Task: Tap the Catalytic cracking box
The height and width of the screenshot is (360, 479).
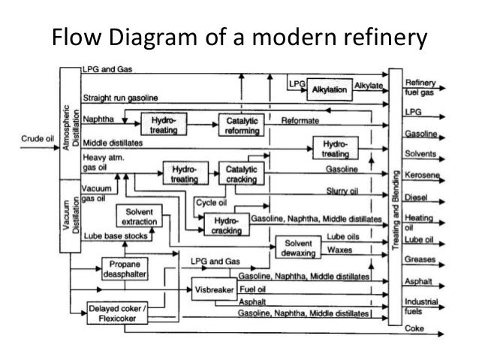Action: (239, 174)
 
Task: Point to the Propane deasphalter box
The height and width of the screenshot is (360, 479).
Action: (124, 270)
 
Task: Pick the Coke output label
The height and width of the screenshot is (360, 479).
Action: (414, 328)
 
